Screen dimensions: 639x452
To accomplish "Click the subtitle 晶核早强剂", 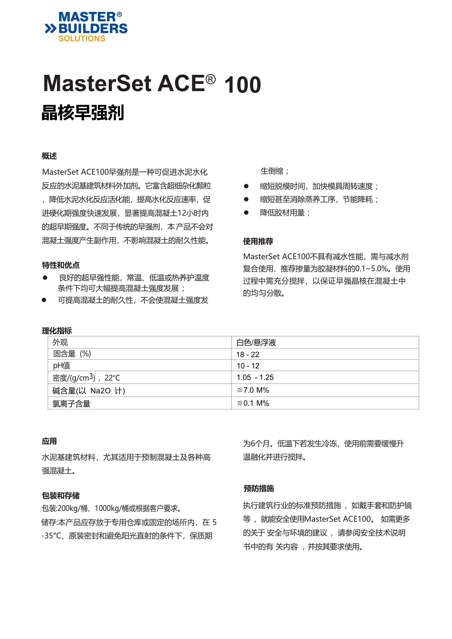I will point(83,113).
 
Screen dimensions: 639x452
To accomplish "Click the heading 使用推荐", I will point(258,241).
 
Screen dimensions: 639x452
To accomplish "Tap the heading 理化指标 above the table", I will point(57,331).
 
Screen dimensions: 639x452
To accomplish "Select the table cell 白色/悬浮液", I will point(256,342).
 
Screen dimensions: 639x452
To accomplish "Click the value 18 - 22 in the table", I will point(248,354).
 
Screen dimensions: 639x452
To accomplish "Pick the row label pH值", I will point(61,366).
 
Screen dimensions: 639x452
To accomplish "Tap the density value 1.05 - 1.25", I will point(255,377).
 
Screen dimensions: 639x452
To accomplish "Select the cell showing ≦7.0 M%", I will point(253,390).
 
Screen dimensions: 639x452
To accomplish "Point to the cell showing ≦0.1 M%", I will point(253,403).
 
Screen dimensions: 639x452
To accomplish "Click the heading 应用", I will point(49,441).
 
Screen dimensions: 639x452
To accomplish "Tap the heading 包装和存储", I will point(61,495).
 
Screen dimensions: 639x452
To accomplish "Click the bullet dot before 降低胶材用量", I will point(246,213).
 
